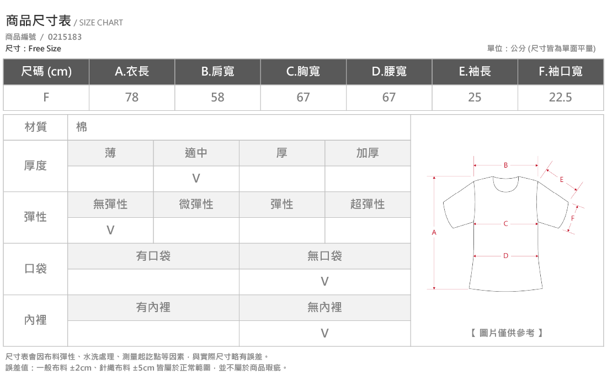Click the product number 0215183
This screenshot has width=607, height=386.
click(x=65, y=37)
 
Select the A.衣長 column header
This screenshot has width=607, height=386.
click(x=132, y=71)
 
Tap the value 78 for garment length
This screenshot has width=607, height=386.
click(x=132, y=97)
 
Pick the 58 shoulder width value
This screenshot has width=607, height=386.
click(x=217, y=97)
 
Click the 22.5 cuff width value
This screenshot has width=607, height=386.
click(x=560, y=97)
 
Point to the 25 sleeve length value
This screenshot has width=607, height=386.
click(x=475, y=97)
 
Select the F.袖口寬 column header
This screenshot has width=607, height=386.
click(x=561, y=71)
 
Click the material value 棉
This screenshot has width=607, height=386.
click(x=82, y=127)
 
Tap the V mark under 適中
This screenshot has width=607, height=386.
click(x=196, y=178)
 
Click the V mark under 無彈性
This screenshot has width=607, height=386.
click(x=110, y=230)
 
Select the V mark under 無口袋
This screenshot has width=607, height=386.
click(x=324, y=282)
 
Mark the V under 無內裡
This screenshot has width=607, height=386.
click(x=324, y=333)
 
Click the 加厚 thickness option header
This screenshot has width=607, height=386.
click(x=368, y=153)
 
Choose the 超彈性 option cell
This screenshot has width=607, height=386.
click(x=368, y=204)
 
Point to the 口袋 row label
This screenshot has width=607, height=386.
click(x=36, y=269)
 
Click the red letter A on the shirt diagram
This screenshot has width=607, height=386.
click(x=434, y=233)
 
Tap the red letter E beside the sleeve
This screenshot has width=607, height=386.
click(x=562, y=179)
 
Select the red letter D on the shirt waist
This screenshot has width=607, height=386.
click(x=505, y=256)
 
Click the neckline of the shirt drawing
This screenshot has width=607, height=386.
click(x=505, y=190)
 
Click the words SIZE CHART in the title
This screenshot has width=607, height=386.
click(x=101, y=23)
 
